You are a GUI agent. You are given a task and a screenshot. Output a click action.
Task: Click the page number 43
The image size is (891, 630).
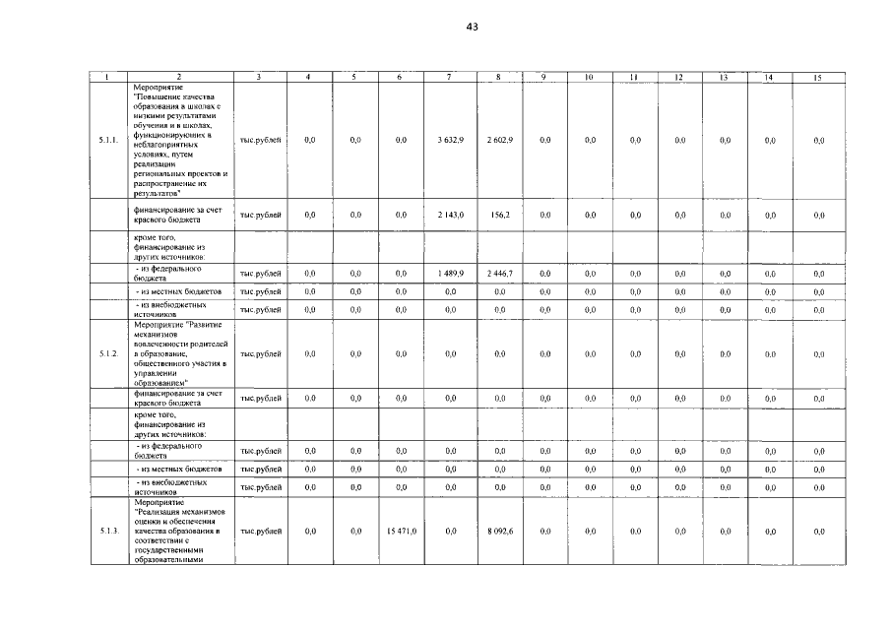tap(472, 28)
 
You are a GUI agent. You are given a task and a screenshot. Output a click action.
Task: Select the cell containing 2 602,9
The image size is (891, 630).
tap(499, 141)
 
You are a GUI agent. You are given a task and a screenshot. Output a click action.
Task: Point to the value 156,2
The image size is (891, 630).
tap(499, 215)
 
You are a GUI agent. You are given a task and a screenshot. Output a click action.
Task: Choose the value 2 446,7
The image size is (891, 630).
tap(499, 273)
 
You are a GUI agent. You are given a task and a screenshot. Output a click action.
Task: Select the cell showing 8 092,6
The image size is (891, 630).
tap(499, 532)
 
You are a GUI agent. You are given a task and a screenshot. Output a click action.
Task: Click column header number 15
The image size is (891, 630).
tap(817, 77)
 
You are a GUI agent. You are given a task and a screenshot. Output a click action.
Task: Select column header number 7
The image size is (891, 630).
tap(449, 77)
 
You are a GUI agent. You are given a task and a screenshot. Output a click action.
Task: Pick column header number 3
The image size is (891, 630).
tap(259, 77)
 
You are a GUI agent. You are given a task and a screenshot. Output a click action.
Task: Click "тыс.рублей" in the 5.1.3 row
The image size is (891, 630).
tap(261, 532)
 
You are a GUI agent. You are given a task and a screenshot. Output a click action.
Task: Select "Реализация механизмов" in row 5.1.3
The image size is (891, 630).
tap(179, 512)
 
